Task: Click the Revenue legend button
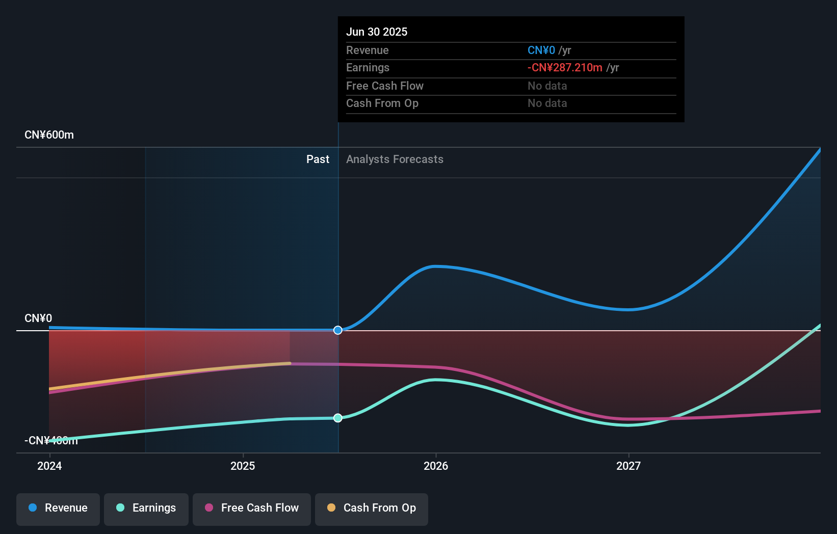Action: (58, 509)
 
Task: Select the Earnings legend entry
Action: (146, 509)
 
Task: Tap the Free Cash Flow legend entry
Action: (252, 509)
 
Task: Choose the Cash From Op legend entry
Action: (372, 509)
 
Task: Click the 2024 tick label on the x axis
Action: (49, 466)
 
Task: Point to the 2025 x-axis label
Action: (243, 466)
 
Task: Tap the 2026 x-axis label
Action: (436, 466)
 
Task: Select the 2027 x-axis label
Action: (629, 466)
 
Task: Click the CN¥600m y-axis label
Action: (49, 135)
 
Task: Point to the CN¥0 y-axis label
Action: (38, 318)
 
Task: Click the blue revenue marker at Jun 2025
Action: (338, 330)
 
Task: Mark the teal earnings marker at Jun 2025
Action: (338, 418)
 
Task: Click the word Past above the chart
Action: (318, 159)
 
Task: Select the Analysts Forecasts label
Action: (395, 159)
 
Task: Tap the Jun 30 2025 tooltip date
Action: (377, 32)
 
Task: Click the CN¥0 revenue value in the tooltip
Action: (541, 50)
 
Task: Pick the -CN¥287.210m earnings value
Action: (565, 68)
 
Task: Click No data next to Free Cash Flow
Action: (547, 86)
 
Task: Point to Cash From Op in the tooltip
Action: (382, 103)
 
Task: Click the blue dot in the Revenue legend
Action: (33, 508)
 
